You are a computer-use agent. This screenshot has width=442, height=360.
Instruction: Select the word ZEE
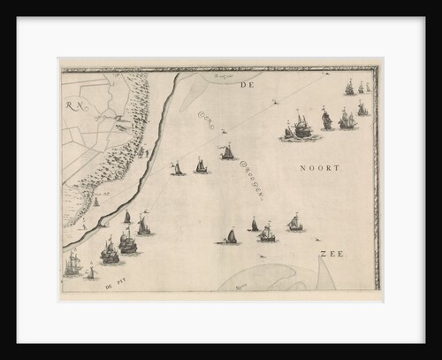click(x=331, y=254)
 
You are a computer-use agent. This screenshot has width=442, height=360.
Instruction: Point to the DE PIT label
click(x=114, y=285)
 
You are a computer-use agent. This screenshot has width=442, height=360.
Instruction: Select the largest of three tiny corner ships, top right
click(x=350, y=88)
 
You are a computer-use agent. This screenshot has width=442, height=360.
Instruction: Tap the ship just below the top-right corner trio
click(x=362, y=109)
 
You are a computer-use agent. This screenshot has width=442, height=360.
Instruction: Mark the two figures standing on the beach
click(x=141, y=152)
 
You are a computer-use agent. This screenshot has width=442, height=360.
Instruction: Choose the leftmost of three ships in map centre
click(x=177, y=168)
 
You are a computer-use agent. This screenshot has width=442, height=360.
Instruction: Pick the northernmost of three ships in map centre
click(x=227, y=152)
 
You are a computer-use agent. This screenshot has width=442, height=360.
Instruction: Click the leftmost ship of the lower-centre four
click(x=231, y=236)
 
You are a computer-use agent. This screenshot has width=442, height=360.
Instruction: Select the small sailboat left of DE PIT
click(x=90, y=273)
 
